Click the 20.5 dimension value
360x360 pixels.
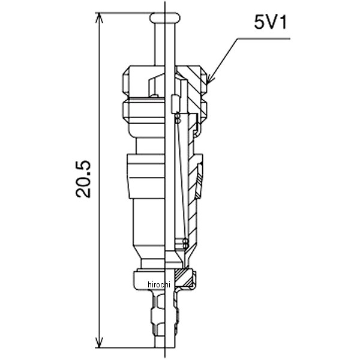[83, 179]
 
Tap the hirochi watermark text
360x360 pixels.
[159, 284]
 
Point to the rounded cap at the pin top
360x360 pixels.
[165, 18]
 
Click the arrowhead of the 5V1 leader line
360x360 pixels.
[209, 80]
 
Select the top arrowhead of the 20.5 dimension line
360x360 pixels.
[99, 17]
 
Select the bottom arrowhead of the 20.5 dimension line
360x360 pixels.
[99, 343]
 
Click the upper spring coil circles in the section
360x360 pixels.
[178, 118]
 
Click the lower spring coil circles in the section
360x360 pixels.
[185, 244]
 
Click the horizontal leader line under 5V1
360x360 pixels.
[263, 39]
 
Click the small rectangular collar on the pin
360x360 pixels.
[175, 104]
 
